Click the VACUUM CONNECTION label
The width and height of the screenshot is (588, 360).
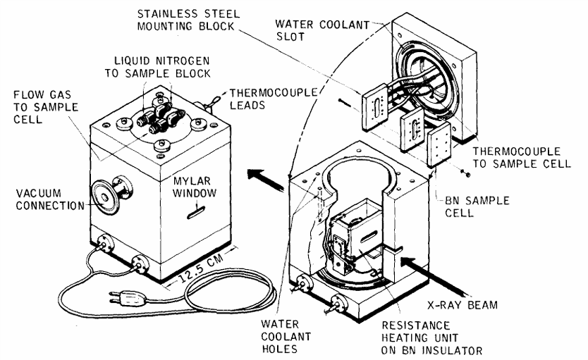pos(42,199)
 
